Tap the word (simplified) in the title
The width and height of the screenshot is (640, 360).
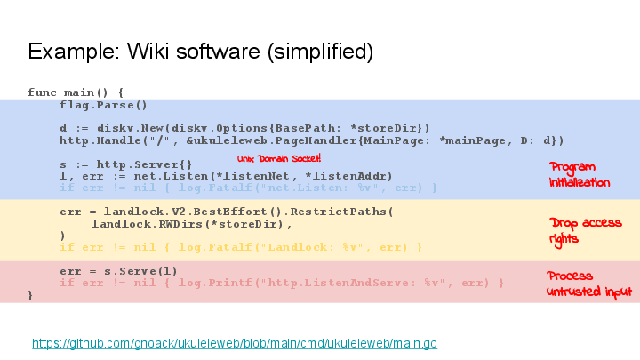[x=320, y=51]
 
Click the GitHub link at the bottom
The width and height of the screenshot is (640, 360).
[x=235, y=343]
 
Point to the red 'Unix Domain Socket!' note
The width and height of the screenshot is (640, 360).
[x=279, y=158]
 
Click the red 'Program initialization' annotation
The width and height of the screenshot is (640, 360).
[x=580, y=174]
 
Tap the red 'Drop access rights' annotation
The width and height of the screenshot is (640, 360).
[x=585, y=230]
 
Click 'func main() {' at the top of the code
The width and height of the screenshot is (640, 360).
[x=76, y=92]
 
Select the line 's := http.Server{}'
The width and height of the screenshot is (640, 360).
[x=125, y=164]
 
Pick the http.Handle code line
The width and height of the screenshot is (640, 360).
[x=311, y=140]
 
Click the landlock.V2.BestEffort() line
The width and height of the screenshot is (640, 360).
[x=226, y=212]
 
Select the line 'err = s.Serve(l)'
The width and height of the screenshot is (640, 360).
[x=118, y=270]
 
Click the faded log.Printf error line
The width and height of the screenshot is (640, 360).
[x=282, y=282]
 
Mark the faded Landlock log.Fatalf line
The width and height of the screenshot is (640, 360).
[x=240, y=246]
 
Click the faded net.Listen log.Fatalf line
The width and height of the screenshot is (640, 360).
[x=248, y=188]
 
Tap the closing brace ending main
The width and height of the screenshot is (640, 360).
[x=31, y=294]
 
